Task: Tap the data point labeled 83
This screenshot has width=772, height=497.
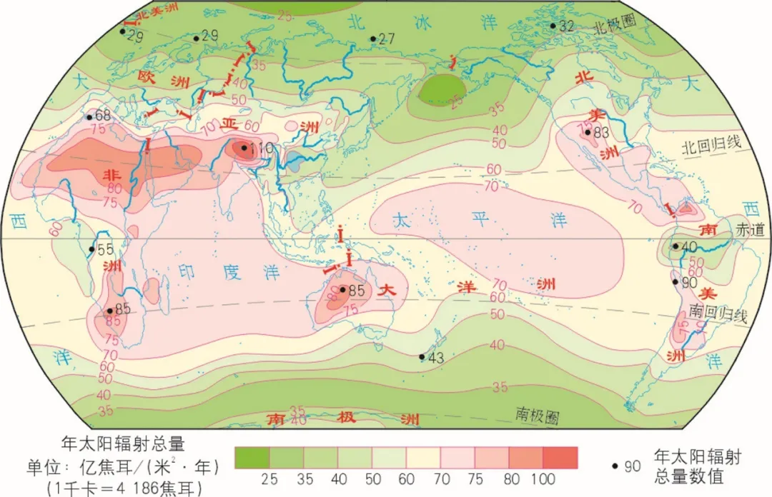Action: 587,133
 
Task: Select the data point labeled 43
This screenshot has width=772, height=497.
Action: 422,357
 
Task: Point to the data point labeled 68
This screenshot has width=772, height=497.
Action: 89,117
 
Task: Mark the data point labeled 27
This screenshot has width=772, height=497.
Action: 372,39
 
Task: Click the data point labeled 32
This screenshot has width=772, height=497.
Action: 553,26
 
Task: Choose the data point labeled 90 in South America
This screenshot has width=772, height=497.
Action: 674,281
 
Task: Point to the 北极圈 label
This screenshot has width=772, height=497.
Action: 615,23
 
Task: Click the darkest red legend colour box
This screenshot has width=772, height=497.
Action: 560,457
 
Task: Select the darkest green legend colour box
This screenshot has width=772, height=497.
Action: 252,457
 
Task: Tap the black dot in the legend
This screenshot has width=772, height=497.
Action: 615,466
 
